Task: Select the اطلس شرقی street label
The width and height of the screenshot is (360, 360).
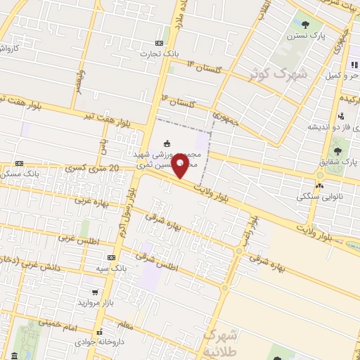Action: pyautogui.click(x=166, y=265)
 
